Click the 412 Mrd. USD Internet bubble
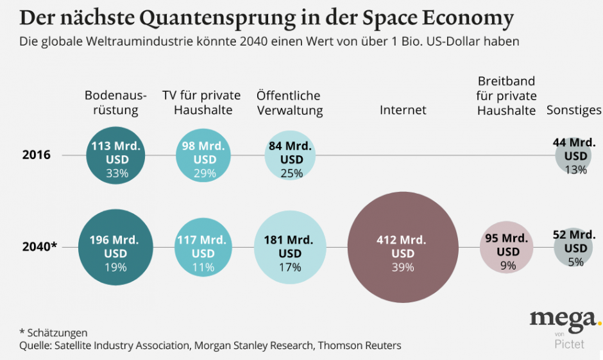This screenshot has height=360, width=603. point(403,247)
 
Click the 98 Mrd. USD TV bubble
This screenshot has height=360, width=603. point(203,155)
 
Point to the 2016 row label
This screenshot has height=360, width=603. point(37,155)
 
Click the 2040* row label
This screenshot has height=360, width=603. point(40,246)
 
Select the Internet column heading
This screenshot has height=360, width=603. point(403,110)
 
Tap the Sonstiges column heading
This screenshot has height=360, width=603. point(573,110)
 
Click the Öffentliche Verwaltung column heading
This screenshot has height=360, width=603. point(289,103)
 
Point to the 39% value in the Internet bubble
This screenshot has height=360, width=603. point(403,268)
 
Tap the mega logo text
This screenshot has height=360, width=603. point(561,318)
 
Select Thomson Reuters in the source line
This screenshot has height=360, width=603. point(360,346)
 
